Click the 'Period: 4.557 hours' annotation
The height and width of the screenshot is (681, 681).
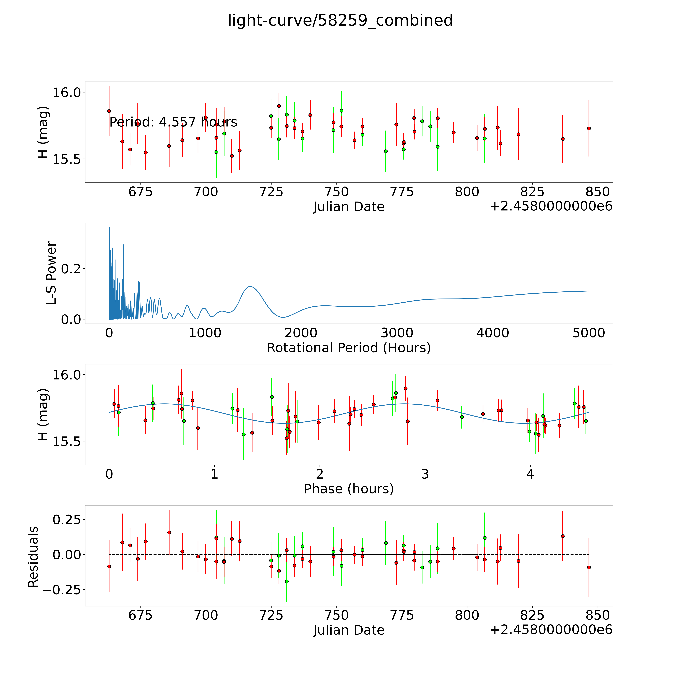tap(173, 122)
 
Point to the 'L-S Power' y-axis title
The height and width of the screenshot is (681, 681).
tap(51, 273)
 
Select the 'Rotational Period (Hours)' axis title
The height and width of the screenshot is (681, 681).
tap(349, 348)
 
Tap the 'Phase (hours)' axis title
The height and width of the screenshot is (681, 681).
tap(349, 489)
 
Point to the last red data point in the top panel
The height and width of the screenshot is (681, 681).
tap(589, 128)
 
